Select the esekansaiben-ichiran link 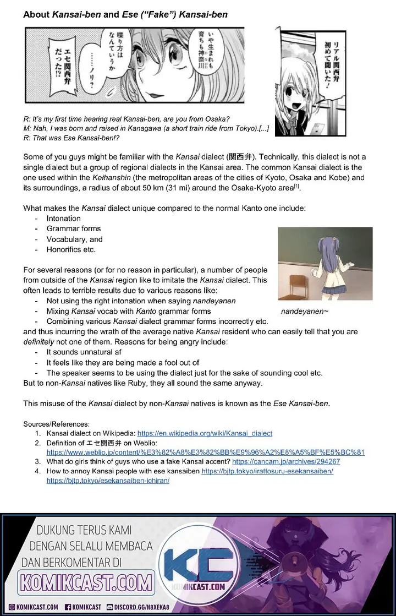[108, 481]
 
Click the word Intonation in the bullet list [63, 219]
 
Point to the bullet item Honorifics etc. [71, 249]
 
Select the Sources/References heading [56, 424]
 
